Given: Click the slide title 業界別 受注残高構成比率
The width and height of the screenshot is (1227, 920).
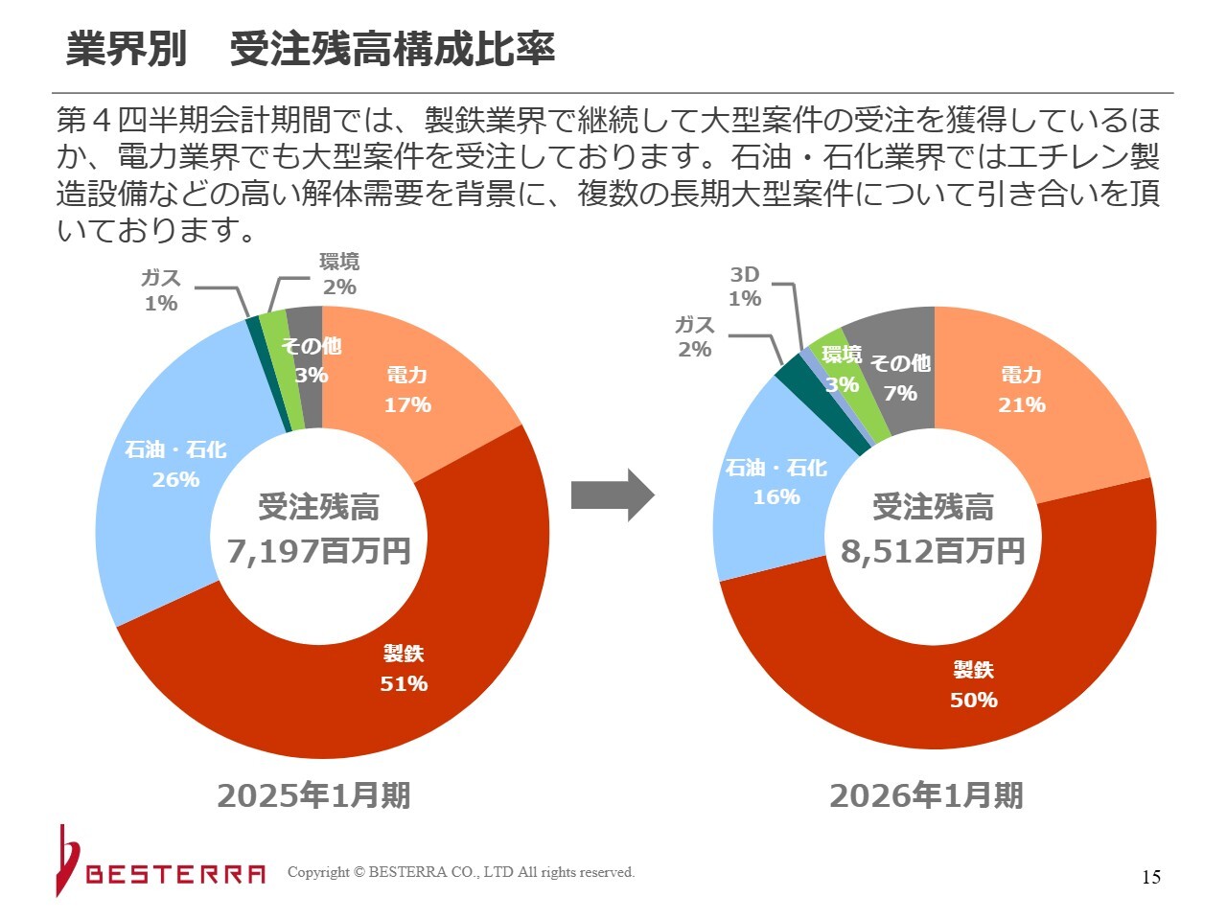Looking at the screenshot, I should coord(311,50).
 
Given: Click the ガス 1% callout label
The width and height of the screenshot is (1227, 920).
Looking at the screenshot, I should coord(161,289).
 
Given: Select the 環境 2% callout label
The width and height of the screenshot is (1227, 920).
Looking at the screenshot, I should coord(339,274).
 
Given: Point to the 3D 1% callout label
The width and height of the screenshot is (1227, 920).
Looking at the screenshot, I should coord(745,286).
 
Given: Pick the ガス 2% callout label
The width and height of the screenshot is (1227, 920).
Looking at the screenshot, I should coord(695,336).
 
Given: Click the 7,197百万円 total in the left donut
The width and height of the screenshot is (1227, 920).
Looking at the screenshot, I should coord(319,551).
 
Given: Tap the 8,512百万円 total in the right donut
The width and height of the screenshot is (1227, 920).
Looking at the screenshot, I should coord(933,551).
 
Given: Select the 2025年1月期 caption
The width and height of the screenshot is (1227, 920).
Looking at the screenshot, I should coord(313,794).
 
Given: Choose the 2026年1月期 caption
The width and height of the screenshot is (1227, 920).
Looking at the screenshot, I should coord(926,794).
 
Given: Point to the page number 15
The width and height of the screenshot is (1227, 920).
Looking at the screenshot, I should coord(1151,877).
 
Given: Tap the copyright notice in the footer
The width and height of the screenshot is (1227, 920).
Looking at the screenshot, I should coord(461,872).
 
